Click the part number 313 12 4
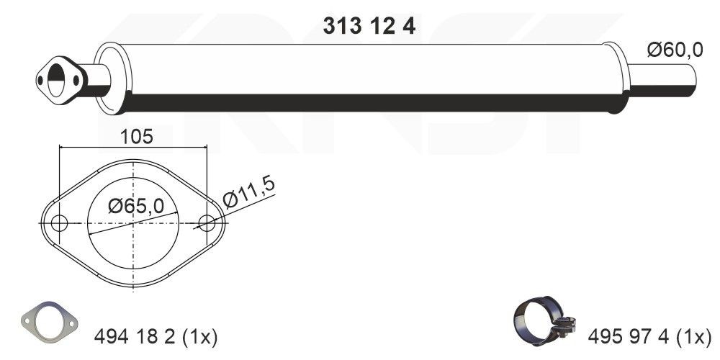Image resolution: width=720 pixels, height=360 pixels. point(367,26)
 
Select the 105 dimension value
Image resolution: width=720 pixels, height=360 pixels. point(137,137)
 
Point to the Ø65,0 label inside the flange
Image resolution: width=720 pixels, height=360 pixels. point(135,207)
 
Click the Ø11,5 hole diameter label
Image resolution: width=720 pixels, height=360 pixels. point(249,192)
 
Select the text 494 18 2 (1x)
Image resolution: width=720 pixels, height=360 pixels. point(156,336)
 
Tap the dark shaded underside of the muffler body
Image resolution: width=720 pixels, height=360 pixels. point(360,102)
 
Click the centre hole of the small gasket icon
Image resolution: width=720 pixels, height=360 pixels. point(48,318)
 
